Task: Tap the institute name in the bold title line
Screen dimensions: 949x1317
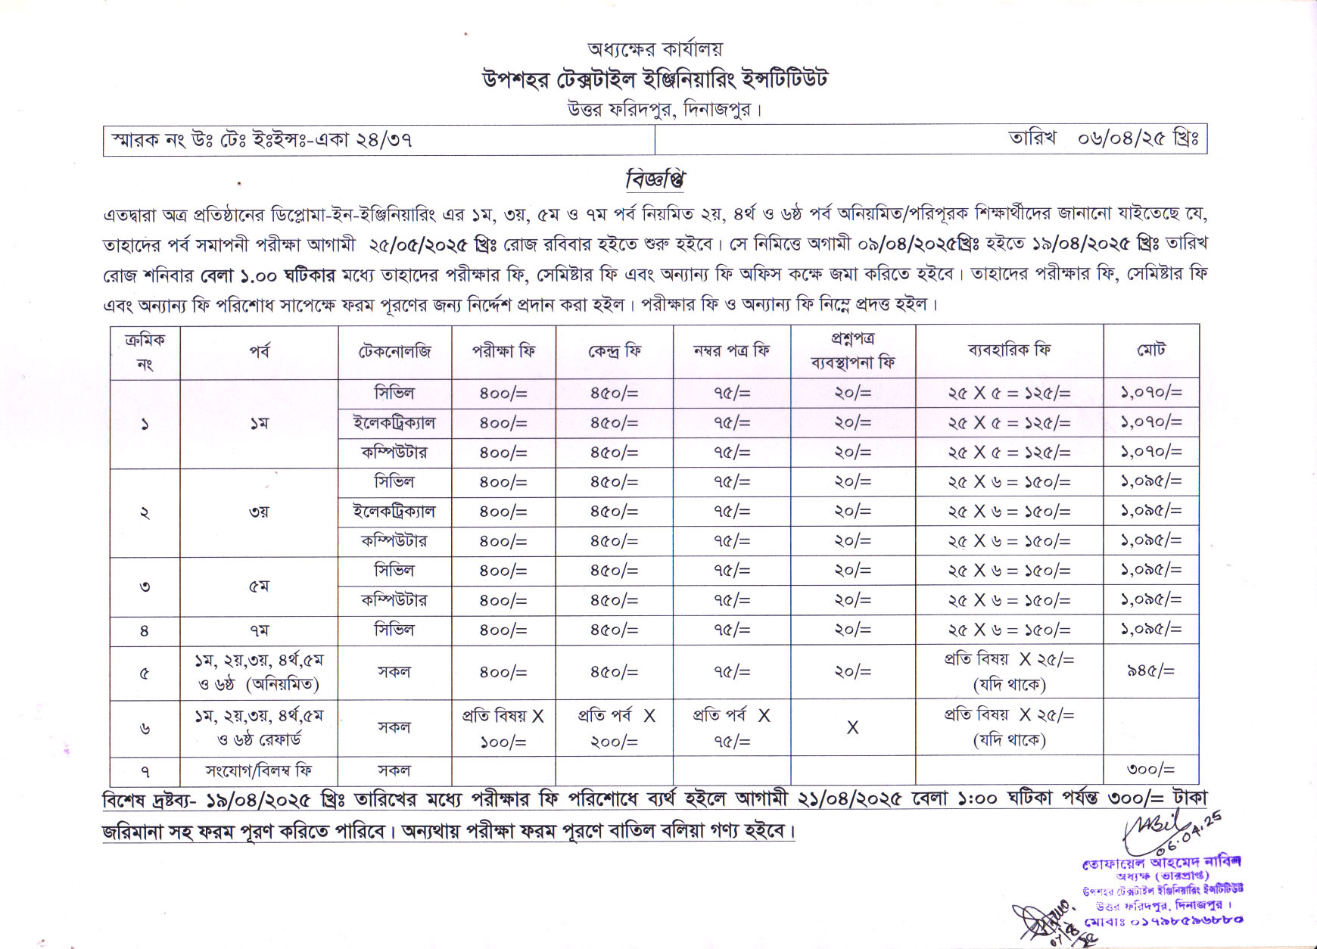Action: (655, 79)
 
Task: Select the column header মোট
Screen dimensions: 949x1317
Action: (1150, 350)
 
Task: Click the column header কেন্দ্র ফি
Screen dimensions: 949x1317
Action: (614, 351)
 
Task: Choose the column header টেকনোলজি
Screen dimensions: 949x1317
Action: (394, 351)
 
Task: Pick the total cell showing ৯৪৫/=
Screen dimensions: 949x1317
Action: (1150, 671)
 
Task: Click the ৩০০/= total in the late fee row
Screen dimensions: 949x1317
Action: (1150, 770)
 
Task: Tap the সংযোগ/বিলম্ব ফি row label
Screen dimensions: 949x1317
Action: (259, 770)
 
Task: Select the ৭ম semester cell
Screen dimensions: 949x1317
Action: (259, 630)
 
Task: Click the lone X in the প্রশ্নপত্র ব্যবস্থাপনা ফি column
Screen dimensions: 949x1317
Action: (852, 727)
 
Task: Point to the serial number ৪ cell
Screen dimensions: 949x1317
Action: (145, 630)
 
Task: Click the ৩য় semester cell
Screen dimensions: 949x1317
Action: (259, 512)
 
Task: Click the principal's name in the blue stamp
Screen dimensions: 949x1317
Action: (1162, 862)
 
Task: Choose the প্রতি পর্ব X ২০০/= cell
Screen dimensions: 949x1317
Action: (615, 727)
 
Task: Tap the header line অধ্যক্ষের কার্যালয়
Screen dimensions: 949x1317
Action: (655, 49)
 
